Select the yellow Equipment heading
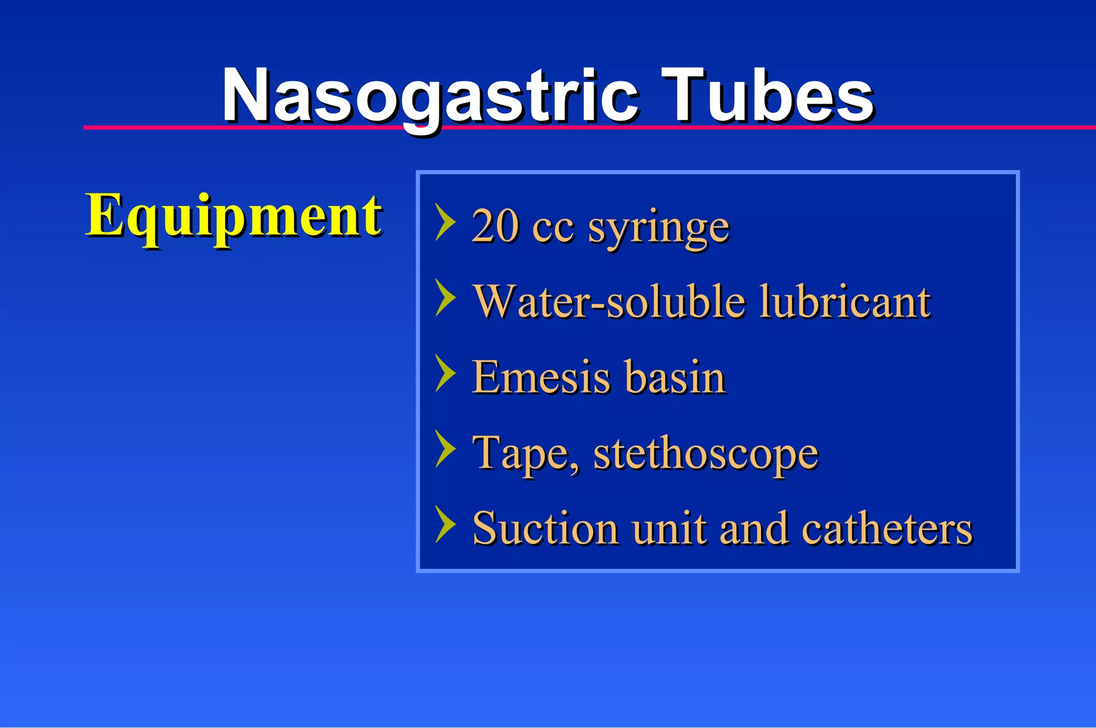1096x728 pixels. [x=234, y=215]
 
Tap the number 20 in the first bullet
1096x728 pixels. [x=496, y=226]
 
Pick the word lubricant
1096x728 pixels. [x=845, y=302]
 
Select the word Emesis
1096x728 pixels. [x=541, y=377]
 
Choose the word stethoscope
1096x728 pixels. [x=706, y=454]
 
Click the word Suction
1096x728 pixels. [x=545, y=529]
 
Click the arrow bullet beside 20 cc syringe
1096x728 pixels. [x=446, y=222]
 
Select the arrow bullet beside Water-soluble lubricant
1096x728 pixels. [x=446, y=297]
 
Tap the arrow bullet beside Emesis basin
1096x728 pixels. [x=446, y=373]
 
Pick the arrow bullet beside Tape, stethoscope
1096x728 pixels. [x=446, y=449]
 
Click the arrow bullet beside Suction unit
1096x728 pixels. [x=446, y=524]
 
